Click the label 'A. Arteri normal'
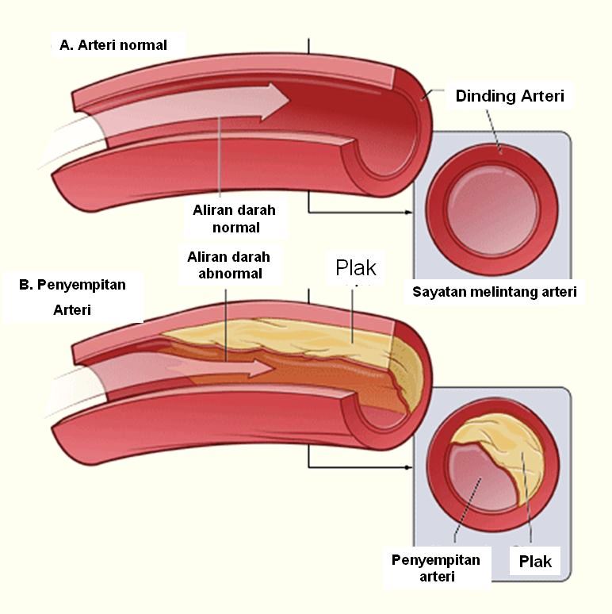pos(113,45)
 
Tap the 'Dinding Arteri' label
pos(510,96)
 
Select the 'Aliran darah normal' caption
pos(235,218)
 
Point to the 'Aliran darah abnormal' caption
pos(229,265)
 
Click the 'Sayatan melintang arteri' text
pos(495,292)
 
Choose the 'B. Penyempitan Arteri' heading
pos(72,297)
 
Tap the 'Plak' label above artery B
pos(356,268)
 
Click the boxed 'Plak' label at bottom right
pos(535,561)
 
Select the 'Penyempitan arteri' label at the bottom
pos(436,568)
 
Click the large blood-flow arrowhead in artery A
pos(275,100)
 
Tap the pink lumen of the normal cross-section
pos(492,209)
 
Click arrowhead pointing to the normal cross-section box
pos(408,213)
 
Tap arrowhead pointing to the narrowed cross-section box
pos(408,467)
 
